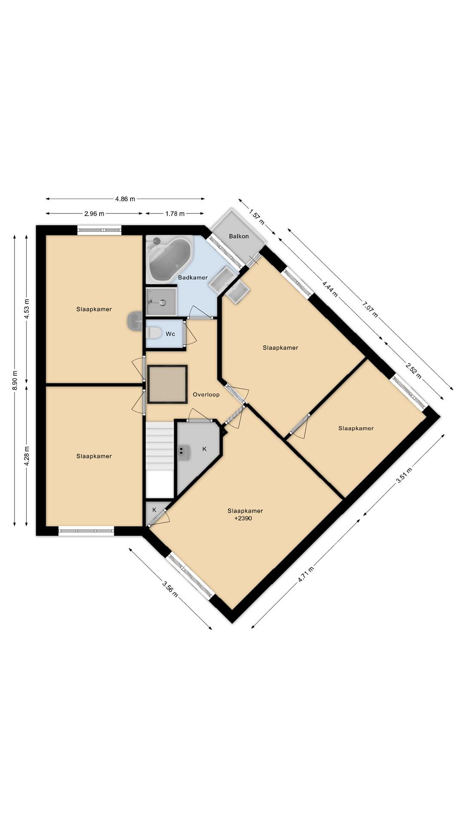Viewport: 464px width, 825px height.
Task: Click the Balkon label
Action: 239,236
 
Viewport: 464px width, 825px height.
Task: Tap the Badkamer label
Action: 193,277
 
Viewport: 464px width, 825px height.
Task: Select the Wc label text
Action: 170,334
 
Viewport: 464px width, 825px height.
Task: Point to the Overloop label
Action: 206,394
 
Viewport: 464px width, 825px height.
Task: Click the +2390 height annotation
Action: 243,518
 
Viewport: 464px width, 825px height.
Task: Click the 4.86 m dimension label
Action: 125,199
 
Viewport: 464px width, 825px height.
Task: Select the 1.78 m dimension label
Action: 175,214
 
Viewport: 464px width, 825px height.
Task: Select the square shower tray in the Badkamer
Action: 161,302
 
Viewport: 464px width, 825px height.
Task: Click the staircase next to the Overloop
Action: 160,459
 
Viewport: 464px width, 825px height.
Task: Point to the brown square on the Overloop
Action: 168,384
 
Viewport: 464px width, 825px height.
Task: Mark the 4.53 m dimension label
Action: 27,309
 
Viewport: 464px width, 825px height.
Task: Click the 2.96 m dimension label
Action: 94,214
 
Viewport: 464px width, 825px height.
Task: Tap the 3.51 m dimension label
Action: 404,475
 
